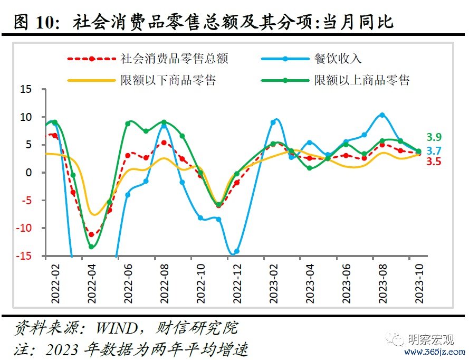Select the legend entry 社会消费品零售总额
[x=174, y=59]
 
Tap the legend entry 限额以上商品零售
[x=361, y=80]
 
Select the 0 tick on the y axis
[x=30, y=173]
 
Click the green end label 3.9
[x=434, y=137]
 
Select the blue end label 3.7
[x=434, y=150]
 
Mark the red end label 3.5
[x=434, y=162]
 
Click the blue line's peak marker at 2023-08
[x=382, y=115]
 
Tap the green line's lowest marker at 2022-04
[x=91, y=247]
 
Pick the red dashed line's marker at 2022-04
[x=91, y=234]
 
